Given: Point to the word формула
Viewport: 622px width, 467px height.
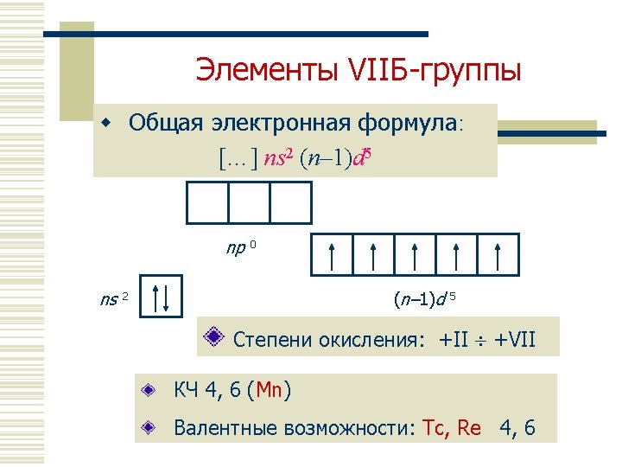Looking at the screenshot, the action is (406, 122).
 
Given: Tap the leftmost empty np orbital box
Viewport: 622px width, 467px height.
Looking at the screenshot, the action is (208, 204).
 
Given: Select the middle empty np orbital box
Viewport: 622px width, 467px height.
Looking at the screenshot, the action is (249, 204).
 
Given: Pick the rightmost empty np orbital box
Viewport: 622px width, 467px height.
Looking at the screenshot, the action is (290, 204).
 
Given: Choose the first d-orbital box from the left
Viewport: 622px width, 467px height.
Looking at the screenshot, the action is (330, 254).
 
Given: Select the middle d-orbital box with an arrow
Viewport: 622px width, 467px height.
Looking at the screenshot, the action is (415, 254).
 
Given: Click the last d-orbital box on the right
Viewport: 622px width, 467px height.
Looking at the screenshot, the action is (498, 254).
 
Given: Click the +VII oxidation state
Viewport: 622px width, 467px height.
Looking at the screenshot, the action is (515, 340).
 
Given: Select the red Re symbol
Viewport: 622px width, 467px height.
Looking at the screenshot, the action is (468, 427).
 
